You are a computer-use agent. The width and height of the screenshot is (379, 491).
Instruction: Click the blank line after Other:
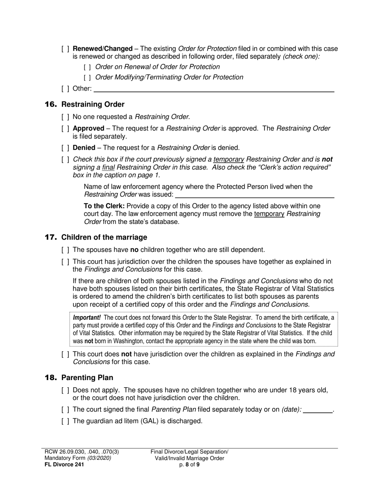(x=213, y=89)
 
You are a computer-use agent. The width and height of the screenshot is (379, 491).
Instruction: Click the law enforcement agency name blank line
(x=255, y=194)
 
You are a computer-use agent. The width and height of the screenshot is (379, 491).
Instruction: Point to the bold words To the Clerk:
(x=104, y=206)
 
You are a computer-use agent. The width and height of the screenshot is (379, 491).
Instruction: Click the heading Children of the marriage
(x=104, y=238)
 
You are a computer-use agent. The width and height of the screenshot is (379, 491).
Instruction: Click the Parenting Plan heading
(x=87, y=378)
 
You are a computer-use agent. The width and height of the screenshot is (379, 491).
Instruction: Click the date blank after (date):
(x=318, y=410)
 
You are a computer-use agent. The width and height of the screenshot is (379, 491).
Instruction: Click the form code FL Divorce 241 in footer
(x=64, y=464)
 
